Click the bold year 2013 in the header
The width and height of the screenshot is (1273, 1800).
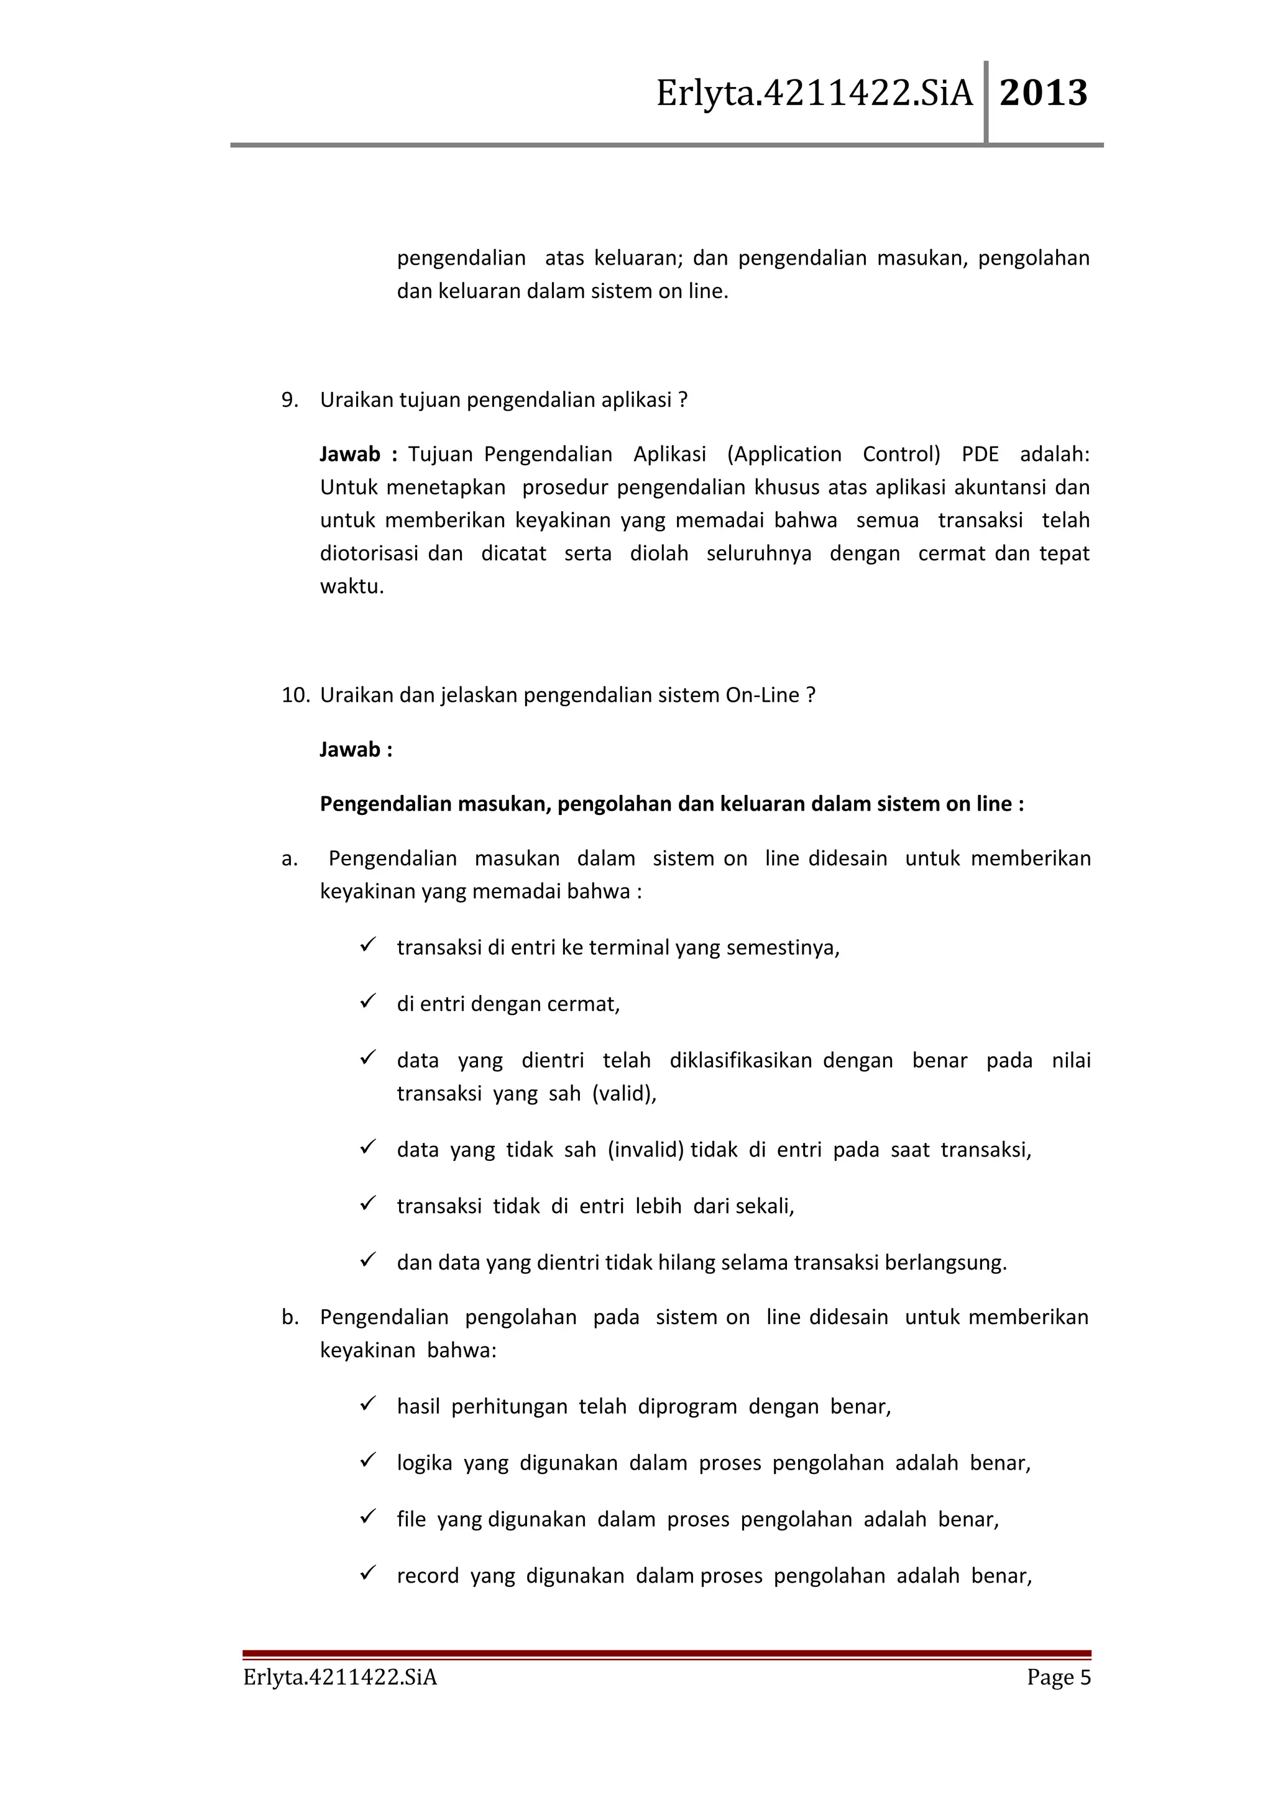pos(1043,93)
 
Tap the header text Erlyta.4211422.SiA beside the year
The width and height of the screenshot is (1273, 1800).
pos(814,93)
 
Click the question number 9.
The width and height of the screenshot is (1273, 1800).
pos(290,401)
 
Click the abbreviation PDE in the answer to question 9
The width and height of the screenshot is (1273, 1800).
pos(980,455)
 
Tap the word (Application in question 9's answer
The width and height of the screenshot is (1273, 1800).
pos(784,455)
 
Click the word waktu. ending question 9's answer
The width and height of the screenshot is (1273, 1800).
pos(352,586)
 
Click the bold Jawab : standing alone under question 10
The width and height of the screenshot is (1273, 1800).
pos(356,750)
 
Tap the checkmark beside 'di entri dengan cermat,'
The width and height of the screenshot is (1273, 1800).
pos(369,1002)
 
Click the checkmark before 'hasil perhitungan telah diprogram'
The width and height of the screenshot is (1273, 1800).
pos(369,1404)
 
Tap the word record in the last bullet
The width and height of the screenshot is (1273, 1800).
pos(428,1576)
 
